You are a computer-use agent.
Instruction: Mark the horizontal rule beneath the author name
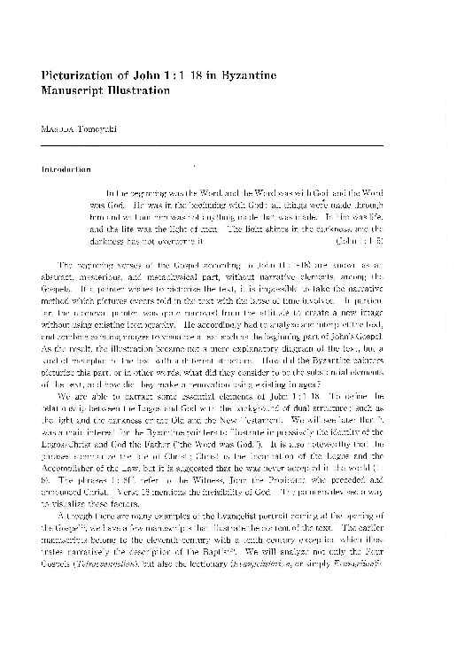click(228, 144)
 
